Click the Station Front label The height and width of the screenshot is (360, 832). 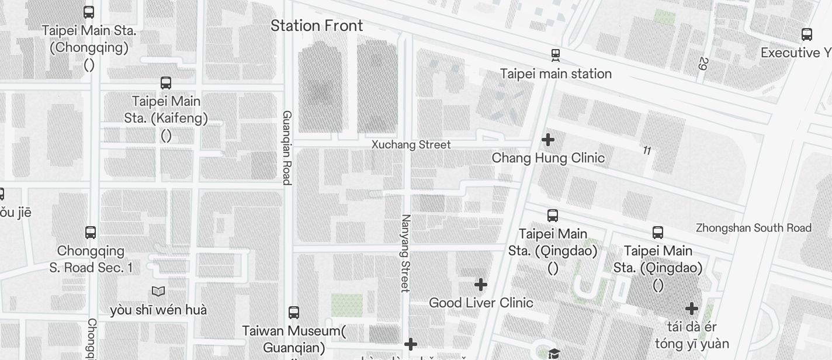click(317, 26)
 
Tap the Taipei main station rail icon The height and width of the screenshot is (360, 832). click(556, 56)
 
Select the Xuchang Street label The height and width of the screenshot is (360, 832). click(411, 144)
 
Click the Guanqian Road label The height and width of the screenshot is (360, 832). click(287, 147)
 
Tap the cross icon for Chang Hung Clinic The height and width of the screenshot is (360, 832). click(548, 140)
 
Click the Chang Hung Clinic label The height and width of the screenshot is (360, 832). click(548, 158)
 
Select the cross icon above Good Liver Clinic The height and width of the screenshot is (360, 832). click(481, 285)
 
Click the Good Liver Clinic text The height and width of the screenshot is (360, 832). click(481, 303)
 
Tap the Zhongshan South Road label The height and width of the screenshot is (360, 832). click(753, 228)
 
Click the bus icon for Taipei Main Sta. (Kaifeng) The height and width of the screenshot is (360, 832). click(166, 83)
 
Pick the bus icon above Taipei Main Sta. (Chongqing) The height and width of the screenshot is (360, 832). click(89, 12)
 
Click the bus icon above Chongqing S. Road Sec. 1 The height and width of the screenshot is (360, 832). click(91, 233)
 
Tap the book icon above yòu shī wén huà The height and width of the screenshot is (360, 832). click(158, 291)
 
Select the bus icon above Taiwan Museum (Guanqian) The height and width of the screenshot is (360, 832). click(294, 313)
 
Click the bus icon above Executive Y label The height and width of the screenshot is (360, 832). click(807, 34)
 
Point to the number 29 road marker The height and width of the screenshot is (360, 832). click(703, 64)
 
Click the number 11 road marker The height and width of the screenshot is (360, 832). click(647, 151)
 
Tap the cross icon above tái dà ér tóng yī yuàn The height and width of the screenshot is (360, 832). click(692, 308)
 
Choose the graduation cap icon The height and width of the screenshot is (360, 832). click(554, 354)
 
